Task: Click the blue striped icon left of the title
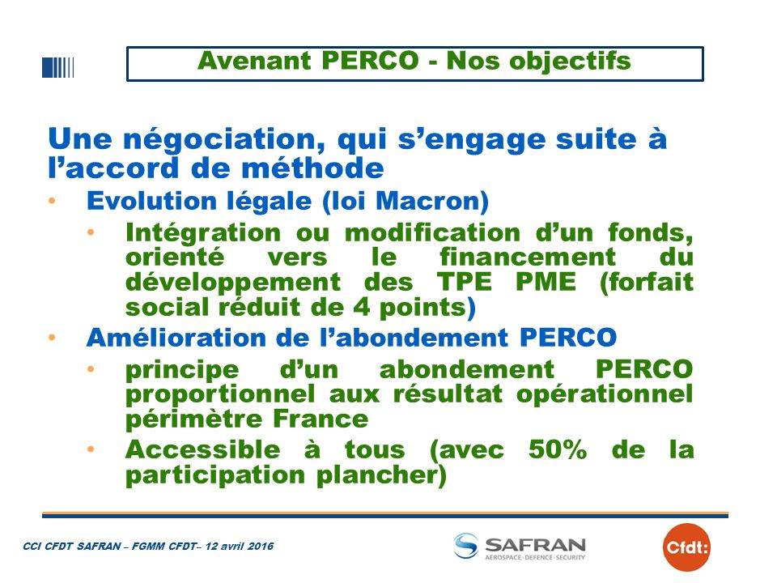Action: (58, 67)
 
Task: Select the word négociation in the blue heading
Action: (224, 139)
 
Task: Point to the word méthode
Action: (312, 168)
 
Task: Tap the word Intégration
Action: (203, 233)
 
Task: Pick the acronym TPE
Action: (465, 282)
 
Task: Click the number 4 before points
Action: (361, 307)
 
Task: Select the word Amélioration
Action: (176, 338)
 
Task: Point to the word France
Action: (321, 419)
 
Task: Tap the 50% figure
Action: (558, 449)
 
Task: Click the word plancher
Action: (381, 475)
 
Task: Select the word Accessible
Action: (202, 449)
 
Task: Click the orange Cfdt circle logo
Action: (686, 547)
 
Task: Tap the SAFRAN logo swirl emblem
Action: (466, 545)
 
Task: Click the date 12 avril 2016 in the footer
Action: (240, 547)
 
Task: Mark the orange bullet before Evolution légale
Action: (52, 201)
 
